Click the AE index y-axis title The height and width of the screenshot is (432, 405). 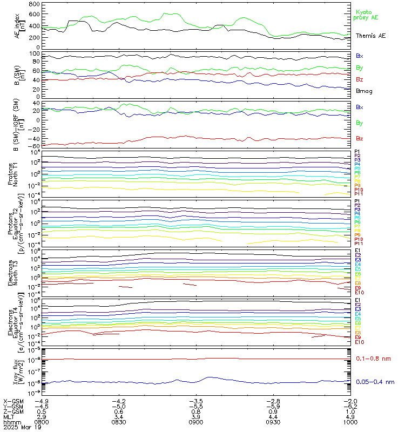20,25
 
